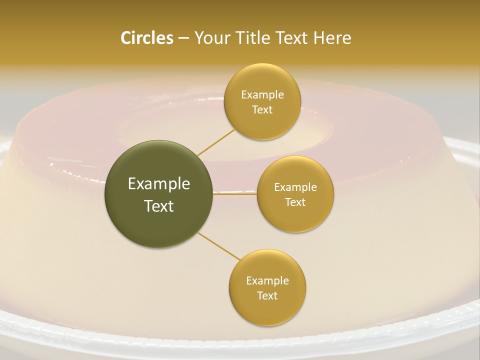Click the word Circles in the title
point(146,38)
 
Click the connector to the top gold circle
point(216,142)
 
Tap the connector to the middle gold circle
point(235,194)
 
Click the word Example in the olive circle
point(159,184)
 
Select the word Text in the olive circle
point(159,206)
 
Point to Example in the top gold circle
point(262,94)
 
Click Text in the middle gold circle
point(295,202)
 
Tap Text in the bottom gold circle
point(267,295)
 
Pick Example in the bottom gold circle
point(267,280)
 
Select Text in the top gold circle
point(262,109)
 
